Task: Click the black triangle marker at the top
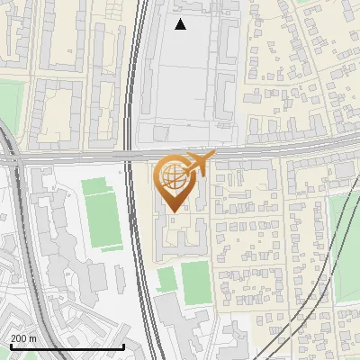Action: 180,24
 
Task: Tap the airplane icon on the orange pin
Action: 199,164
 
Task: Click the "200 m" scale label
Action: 24,338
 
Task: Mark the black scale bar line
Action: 67,346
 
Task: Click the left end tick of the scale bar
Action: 10,344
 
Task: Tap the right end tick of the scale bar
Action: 123,344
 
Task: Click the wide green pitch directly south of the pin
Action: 196,281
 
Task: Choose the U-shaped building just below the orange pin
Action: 180,236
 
